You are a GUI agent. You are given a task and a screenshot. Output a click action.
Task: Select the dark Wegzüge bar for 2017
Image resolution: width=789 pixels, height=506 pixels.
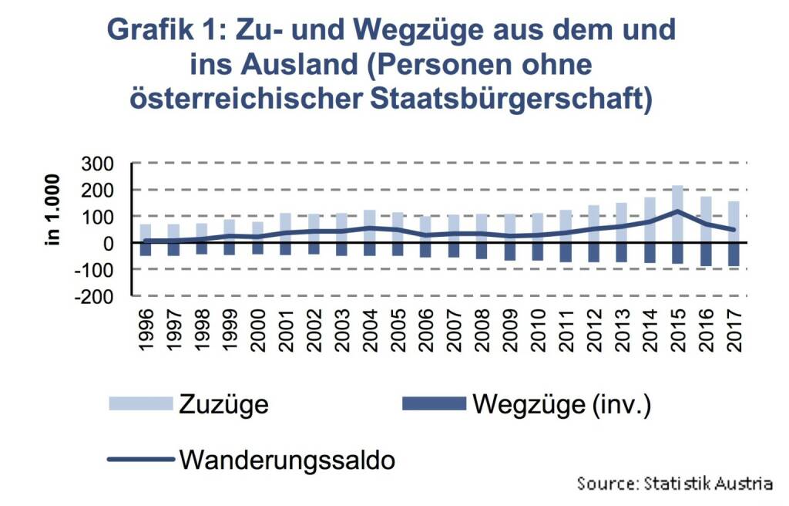(733, 255)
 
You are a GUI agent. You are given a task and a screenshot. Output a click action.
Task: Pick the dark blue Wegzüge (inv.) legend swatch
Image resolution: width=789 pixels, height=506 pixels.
(434, 403)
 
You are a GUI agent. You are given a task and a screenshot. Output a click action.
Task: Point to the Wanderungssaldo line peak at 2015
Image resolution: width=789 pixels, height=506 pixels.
(677, 211)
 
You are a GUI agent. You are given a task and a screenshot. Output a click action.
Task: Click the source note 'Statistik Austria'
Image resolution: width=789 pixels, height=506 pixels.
(707, 484)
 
